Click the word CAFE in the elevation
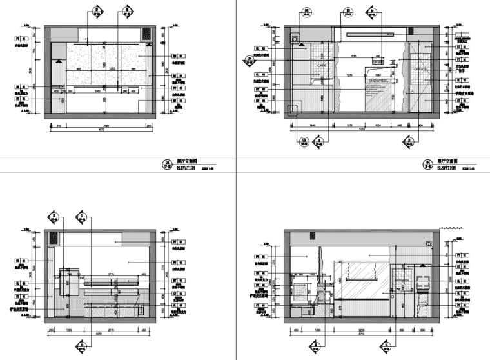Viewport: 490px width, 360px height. (321, 66)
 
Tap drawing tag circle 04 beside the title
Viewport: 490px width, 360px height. (426, 165)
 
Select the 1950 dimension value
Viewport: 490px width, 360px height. (97, 91)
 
